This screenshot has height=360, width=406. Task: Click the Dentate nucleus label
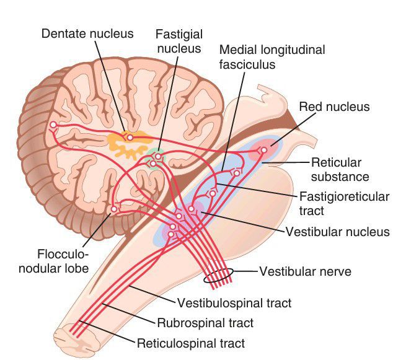tap(87, 33)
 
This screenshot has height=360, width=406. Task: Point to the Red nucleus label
tap(334, 107)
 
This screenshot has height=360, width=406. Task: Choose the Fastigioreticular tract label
tap(343, 204)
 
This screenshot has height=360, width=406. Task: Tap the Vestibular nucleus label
tap(337, 232)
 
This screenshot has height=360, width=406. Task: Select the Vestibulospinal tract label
tap(234, 303)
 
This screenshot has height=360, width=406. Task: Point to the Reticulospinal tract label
tap(192, 342)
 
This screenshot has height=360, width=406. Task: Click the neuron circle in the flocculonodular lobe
tap(113, 209)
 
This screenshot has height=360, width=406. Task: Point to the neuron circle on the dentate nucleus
tap(130, 137)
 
